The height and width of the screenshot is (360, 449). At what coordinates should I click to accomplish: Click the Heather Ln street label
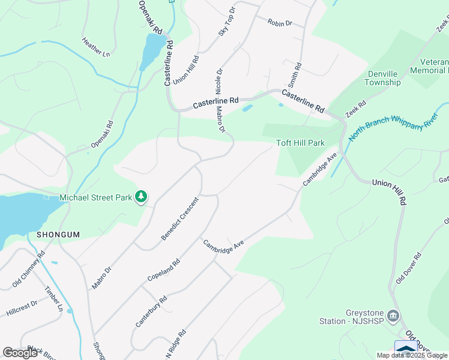coord(96,47)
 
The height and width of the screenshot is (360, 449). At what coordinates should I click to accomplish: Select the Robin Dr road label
coord(280,23)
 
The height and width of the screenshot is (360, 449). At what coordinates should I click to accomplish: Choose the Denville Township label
coord(383,78)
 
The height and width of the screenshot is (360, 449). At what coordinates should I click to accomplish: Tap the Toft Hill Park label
coord(300,143)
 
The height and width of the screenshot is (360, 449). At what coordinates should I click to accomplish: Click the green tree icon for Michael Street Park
coord(141,196)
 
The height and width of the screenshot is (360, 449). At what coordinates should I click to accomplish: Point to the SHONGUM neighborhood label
coord(58,235)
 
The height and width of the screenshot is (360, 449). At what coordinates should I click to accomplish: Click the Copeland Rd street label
coord(163,271)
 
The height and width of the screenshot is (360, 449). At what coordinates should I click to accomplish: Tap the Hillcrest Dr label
coord(22,308)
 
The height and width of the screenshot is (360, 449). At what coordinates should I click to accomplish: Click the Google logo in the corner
coord(20,353)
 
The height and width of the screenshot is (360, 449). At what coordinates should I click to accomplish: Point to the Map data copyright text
coord(412,355)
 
